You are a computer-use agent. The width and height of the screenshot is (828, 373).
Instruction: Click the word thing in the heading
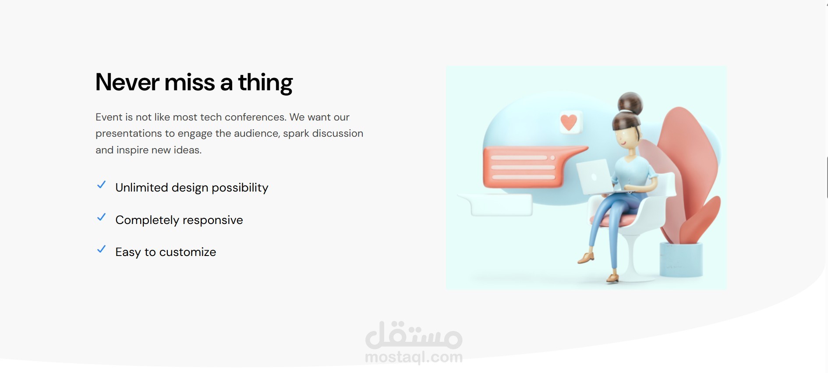click(265, 83)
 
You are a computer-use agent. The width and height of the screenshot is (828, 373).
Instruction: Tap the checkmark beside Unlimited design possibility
click(101, 185)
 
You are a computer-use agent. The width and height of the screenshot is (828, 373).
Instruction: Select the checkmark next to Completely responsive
click(101, 217)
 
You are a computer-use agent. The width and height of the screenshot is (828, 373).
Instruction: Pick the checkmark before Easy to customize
click(101, 249)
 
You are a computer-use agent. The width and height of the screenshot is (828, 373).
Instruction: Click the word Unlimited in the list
click(142, 188)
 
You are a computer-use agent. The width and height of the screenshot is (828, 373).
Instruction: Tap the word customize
click(188, 252)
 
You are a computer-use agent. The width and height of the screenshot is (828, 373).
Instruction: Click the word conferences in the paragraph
click(255, 117)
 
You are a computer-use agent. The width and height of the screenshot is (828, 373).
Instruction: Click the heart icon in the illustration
click(569, 122)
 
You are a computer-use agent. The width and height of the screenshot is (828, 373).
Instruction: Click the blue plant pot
click(681, 259)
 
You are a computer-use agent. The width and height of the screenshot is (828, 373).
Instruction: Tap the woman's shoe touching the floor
click(612, 278)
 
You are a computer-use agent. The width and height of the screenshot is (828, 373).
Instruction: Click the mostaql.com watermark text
click(414, 357)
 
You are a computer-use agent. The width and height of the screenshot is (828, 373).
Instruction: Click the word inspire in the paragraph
click(132, 150)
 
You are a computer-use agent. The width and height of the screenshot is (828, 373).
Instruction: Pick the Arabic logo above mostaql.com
click(414, 335)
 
